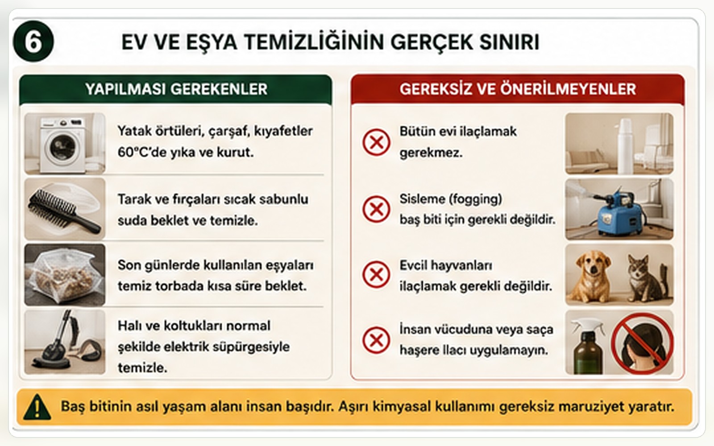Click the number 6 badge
[33, 41]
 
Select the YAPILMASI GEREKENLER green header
[176, 89]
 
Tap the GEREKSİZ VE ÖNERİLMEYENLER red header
[518, 89]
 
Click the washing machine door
[63, 147]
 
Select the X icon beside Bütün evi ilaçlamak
[376, 142]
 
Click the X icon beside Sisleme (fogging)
[376, 209]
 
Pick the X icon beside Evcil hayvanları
[376, 275]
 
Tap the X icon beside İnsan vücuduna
[376, 340]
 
